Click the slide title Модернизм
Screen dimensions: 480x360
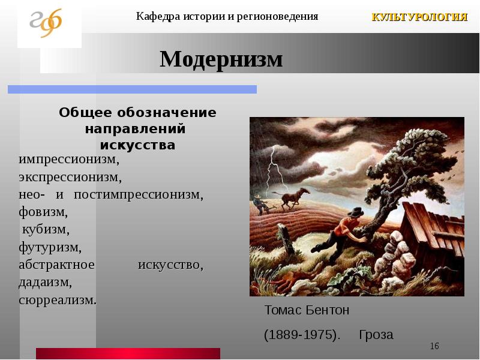coord(221,59)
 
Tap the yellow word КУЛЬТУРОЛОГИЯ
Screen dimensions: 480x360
coord(419,17)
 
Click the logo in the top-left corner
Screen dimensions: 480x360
coord(46,23)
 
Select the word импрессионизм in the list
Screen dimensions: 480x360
coord(69,160)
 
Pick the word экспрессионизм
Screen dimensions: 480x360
coord(70,178)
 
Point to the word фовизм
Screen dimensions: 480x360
coord(43,212)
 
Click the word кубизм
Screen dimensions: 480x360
coord(46,230)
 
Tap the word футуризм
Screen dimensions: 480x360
coord(50,247)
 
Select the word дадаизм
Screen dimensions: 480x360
coord(46,282)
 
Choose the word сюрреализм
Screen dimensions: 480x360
coord(58,300)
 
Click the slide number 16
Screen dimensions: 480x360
coord(434,346)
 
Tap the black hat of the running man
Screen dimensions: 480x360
coord(355,212)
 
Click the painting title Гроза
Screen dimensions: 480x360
coord(376,335)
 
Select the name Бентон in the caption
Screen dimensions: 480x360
coord(327,310)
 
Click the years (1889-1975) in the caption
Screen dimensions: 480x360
coord(302,335)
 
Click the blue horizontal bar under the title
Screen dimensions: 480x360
coord(132,89)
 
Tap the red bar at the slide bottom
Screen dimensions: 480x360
coord(128,353)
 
